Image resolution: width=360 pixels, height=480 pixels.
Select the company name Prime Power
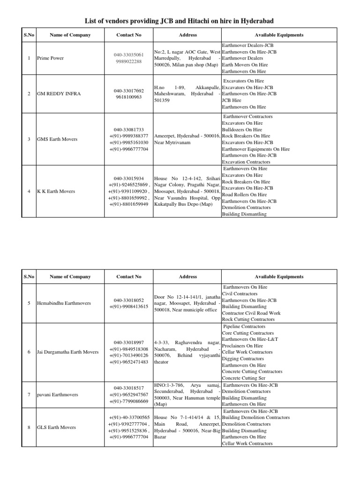[x=50, y=58]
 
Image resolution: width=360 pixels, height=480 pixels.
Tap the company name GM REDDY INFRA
[x=59, y=94]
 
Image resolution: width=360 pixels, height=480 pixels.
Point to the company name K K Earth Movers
[x=56, y=191]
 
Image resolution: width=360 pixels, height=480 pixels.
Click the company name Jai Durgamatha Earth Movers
[x=67, y=352]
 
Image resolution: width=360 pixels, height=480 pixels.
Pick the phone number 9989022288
[x=128, y=61]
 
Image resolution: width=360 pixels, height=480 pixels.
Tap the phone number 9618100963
[x=128, y=97]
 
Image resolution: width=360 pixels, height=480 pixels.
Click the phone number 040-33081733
[x=128, y=129]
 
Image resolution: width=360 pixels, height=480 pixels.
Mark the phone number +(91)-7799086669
[x=128, y=401]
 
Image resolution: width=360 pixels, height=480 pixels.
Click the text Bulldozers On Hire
[x=242, y=129]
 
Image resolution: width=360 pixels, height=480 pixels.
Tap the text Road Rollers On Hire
[x=244, y=195]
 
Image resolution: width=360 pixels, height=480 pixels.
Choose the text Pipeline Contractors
[x=244, y=326]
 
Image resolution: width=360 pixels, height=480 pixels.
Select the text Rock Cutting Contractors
[x=248, y=319]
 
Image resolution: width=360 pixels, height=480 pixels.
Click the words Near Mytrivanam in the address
[x=172, y=142]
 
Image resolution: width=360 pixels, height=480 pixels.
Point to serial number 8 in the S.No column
[x=29, y=427]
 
